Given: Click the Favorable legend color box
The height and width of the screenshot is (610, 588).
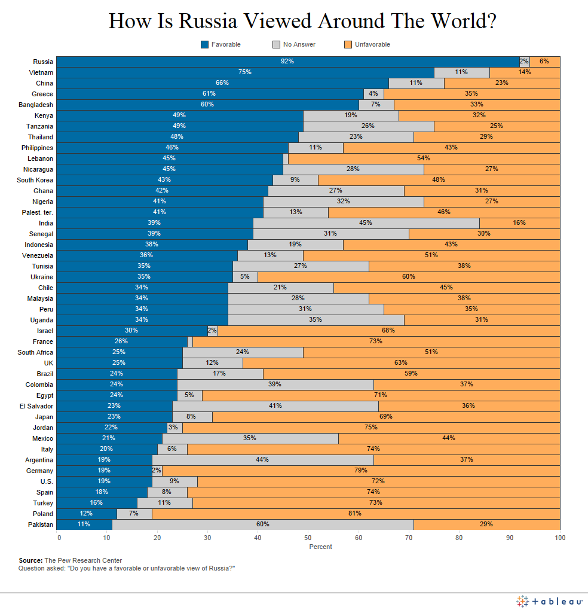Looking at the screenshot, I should click(x=205, y=44).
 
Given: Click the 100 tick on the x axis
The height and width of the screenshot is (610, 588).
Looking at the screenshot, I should click(x=559, y=538).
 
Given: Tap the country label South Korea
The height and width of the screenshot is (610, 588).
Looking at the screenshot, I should click(x=35, y=180).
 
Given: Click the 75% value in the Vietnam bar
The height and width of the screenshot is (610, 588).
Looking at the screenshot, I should click(x=245, y=72).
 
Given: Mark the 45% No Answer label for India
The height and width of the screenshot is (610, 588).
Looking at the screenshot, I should click(x=366, y=223).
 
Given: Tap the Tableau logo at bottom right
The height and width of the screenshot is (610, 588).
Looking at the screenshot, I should click(x=549, y=600).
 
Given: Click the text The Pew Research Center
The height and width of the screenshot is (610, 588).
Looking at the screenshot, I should click(x=83, y=560).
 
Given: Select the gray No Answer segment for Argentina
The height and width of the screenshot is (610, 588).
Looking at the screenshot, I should click(x=263, y=460).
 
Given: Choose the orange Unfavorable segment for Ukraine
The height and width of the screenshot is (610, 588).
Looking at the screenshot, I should click(x=409, y=277).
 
